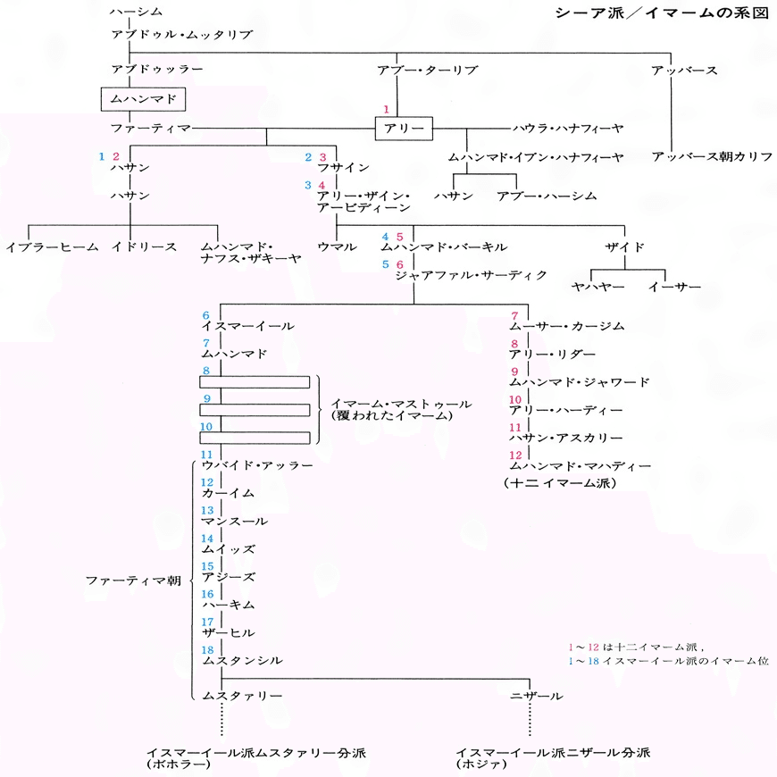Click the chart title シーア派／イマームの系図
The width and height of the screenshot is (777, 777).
click(x=662, y=15)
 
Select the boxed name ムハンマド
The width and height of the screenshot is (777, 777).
click(x=145, y=97)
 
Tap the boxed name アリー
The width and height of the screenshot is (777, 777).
click(x=404, y=129)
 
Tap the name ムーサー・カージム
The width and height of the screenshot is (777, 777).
click(x=567, y=326)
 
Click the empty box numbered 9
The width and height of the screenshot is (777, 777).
click(x=255, y=410)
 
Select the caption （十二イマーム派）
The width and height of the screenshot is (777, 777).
click(x=562, y=483)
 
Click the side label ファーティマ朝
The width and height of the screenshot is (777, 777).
click(x=133, y=581)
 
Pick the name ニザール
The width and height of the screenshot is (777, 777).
click(x=536, y=695)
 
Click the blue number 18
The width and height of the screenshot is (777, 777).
click(x=207, y=649)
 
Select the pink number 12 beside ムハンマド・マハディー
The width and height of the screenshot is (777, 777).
click(x=516, y=455)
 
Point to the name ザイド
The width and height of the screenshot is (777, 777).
click(x=624, y=246)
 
